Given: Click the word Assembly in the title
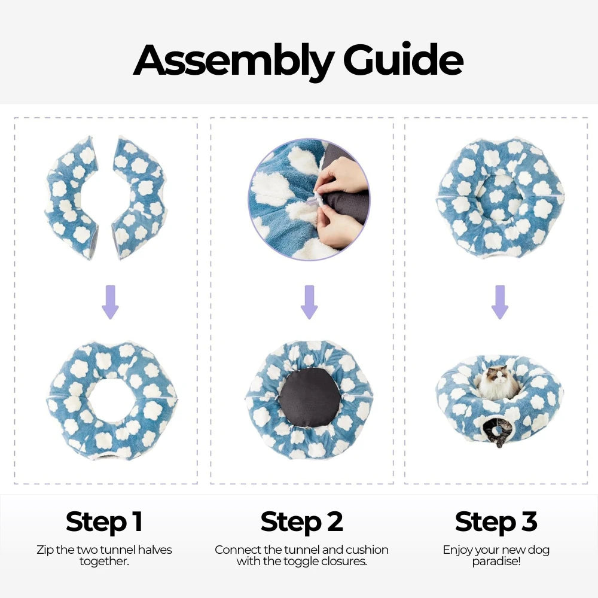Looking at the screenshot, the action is point(233,61).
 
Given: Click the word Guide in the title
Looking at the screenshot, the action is point(403,59).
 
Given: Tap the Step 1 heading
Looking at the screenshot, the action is point(104,521).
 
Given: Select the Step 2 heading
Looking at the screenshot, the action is point(301,521).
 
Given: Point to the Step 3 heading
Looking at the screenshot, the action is point(496,521).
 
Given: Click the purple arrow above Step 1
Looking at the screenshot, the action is point(110,302).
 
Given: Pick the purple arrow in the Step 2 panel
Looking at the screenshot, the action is point(309,302).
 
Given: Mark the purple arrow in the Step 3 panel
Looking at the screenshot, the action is point(499,302).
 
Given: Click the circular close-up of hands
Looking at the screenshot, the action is point(309,200).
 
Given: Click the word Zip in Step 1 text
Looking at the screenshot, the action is point(45,550).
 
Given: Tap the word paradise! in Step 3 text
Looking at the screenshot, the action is point(496,562).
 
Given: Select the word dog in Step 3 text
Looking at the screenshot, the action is point(539,550).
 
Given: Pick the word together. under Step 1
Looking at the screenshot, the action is point(104,562).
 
